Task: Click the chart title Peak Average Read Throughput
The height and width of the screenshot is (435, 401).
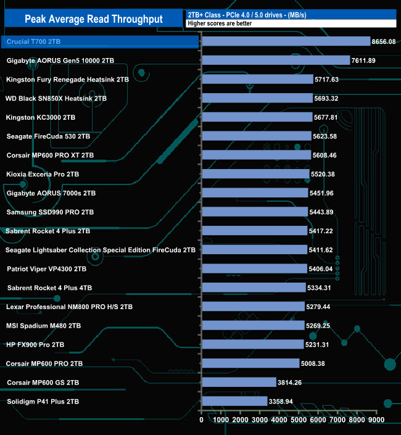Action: (x=94, y=19)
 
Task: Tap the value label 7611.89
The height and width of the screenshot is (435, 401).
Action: (x=368, y=60)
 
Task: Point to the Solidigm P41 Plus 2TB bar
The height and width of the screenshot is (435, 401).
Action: (x=234, y=402)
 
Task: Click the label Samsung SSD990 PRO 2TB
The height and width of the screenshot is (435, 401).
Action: (x=50, y=212)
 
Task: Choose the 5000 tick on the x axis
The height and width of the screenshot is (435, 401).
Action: (x=299, y=420)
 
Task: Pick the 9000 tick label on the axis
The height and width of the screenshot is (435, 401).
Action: (x=376, y=420)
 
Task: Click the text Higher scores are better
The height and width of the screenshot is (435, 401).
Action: (x=215, y=23)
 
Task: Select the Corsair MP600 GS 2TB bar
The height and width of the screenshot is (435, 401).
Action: (x=239, y=383)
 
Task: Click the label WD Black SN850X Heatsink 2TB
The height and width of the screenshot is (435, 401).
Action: (x=56, y=98)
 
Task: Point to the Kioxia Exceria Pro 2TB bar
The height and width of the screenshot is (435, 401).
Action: (x=255, y=174)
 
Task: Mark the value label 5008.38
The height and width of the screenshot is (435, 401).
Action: (x=317, y=364)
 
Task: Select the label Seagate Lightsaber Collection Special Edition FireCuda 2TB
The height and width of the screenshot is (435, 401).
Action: (x=101, y=250)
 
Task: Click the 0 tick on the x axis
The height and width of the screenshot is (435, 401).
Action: (x=202, y=420)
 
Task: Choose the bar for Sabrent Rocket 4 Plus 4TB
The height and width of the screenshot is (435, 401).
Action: (x=254, y=288)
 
